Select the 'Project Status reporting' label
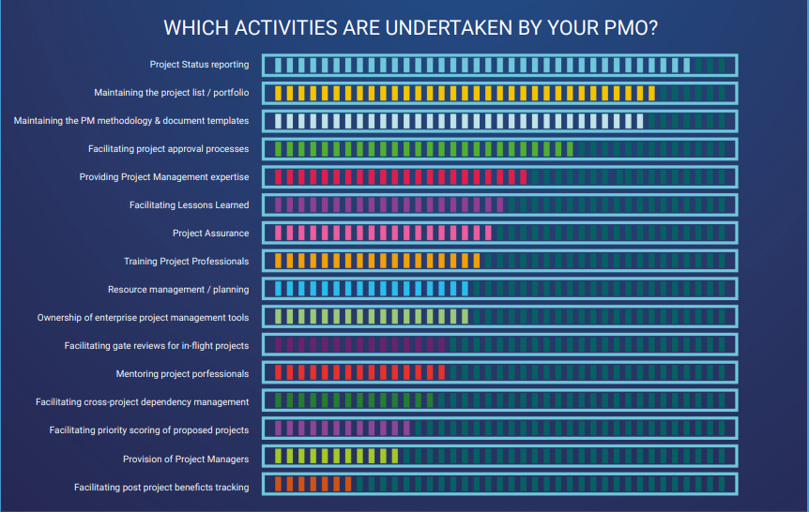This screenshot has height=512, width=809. click(x=199, y=65)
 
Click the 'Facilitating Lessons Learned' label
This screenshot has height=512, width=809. click(x=189, y=205)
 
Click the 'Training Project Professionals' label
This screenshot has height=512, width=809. click(x=186, y=262)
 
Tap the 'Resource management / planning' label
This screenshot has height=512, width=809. click(x=178, y=290)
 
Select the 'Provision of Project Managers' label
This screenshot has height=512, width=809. click(x=186, y=459)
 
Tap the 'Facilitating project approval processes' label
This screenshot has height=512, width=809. click(x=169, y=149)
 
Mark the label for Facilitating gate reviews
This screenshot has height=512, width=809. click(x=157, y=346)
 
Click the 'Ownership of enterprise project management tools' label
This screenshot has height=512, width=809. click(x=144, y=318)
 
